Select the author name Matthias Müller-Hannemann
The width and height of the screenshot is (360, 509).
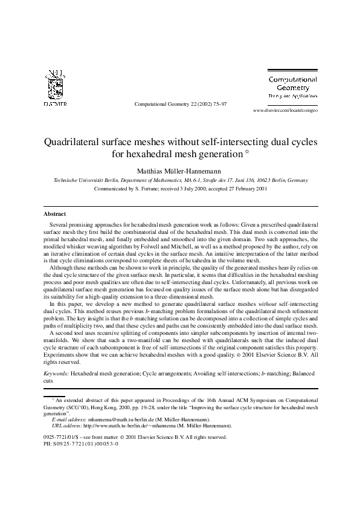click(180, 170)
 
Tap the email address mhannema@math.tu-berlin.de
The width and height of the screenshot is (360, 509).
click(120, 419)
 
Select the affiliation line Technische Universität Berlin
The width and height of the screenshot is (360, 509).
click(87, 180)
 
